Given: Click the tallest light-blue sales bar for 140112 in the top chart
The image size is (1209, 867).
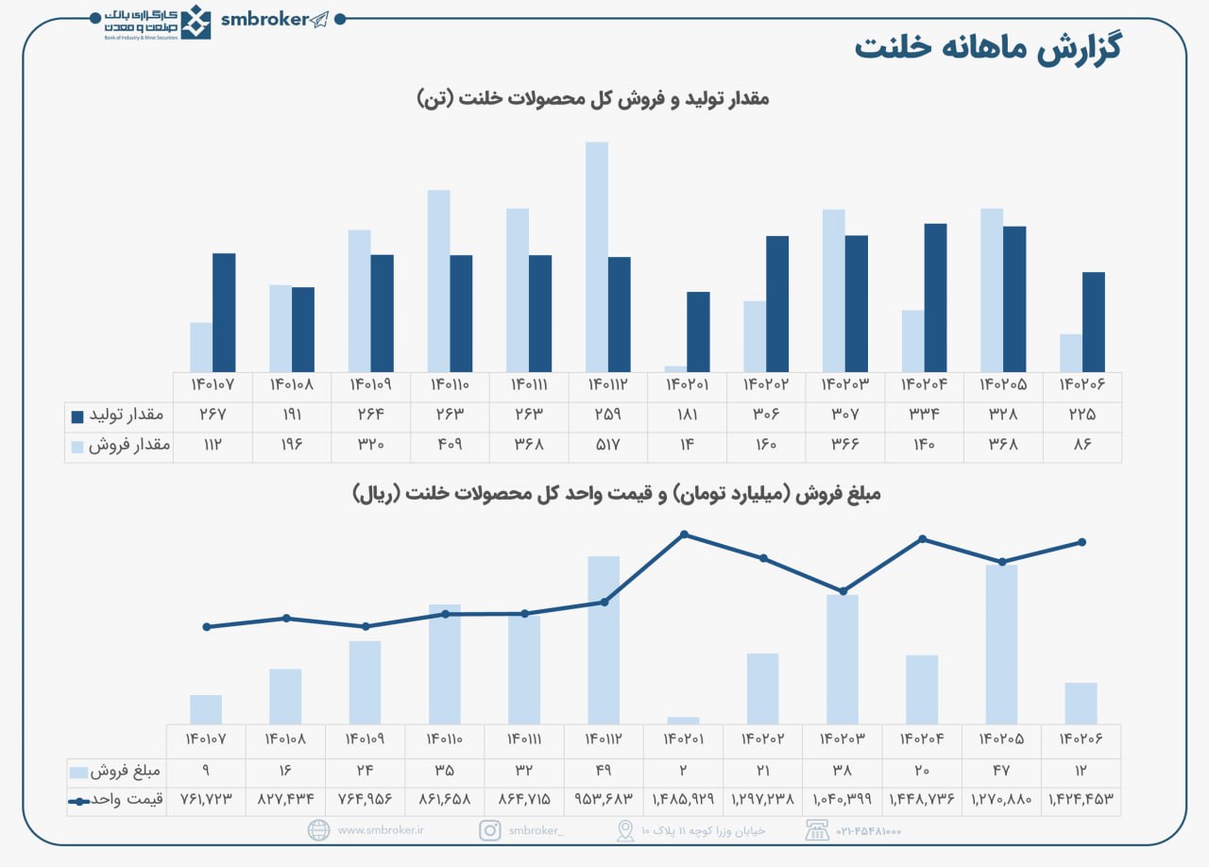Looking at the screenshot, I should (597, 257).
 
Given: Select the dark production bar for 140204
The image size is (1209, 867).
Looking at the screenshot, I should (935, 297).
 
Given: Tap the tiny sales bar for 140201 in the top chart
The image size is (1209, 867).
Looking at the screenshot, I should (675, 368).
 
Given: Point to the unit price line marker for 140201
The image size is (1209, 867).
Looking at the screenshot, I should (685, 535).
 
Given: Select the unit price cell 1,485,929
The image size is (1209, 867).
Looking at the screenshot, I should (684, 799).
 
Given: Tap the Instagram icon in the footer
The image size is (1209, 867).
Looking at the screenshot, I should (490, 830).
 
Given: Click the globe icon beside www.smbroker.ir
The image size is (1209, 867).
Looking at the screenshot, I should (318, 830).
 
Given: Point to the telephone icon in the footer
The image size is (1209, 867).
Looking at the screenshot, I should (816, 830).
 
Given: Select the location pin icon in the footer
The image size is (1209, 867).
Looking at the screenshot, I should (625, 830).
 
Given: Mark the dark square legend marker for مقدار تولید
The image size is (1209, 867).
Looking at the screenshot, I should (77, 416).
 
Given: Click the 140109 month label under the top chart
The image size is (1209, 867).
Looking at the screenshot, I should (371, 386).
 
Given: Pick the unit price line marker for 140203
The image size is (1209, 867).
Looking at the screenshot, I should (843, 591).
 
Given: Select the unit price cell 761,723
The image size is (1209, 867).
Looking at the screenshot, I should (206, 799).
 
